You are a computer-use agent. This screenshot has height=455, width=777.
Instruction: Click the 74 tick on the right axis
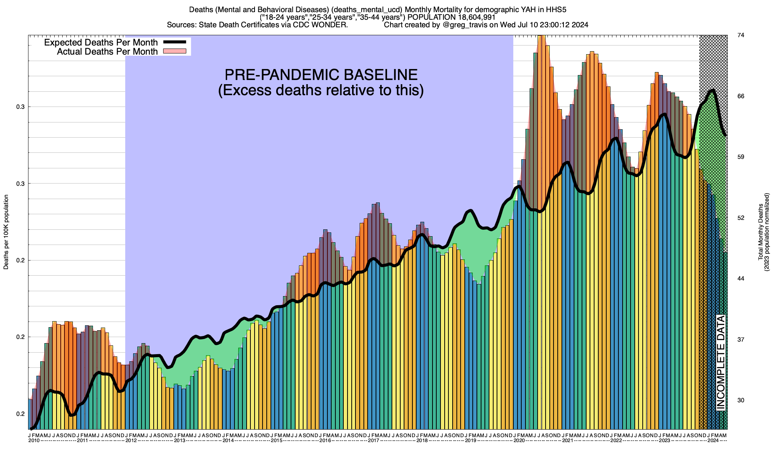[741, 35]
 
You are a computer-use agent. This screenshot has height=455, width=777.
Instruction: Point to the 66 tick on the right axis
[741, 96]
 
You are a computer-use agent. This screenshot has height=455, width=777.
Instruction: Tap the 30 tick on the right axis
[741, 400]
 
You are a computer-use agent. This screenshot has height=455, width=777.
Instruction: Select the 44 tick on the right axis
[741, 279]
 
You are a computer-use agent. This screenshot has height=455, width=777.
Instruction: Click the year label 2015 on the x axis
[277, 441]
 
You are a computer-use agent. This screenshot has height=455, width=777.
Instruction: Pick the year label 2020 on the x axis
[519, 441]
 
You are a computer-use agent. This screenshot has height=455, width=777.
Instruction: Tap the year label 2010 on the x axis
[34, 441]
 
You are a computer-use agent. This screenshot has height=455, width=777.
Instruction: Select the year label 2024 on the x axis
[713, 441]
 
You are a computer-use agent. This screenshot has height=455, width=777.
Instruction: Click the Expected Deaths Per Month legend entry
[101, 42]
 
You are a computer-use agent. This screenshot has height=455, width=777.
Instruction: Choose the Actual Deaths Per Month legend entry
[107, 52]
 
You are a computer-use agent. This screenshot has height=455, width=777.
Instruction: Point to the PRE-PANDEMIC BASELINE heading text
[321, 75]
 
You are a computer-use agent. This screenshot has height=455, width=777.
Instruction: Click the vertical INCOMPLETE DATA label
[720, 362]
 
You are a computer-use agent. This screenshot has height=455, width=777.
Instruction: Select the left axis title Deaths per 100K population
[6, 232]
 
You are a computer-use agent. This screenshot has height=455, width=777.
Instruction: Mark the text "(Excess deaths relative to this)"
[321, 91]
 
